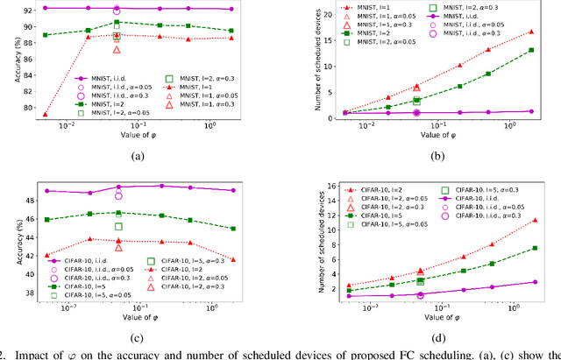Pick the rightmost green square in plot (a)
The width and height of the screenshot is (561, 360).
231,31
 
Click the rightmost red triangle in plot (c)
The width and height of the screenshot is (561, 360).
231,259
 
